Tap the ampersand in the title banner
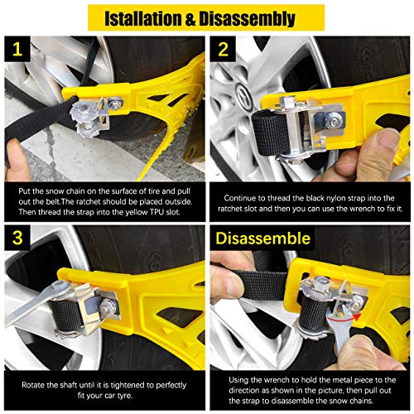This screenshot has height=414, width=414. (195, 17)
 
